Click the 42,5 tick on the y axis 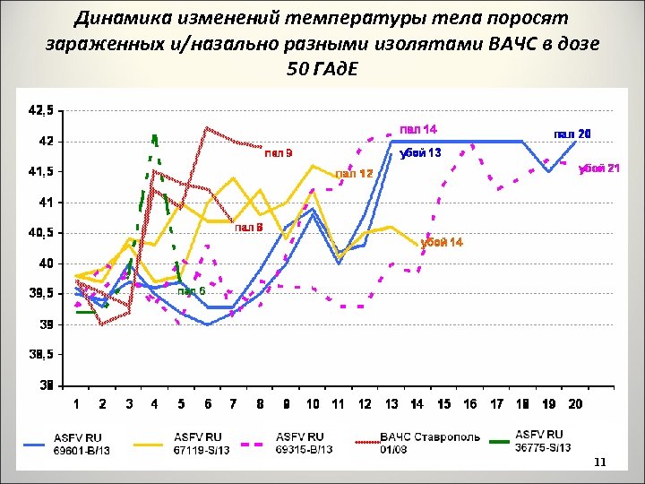click(x=41, y=111)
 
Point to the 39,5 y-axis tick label click(x=41, y=293)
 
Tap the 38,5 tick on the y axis click(x=41, y=354)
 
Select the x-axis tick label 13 click(x=391, y=405)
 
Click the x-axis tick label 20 click(x=575, y=405)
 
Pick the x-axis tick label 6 click(x=207, y=405)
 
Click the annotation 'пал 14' click(x=418, y=129)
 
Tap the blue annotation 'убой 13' click(x=420, y=153)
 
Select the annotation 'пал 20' click(x=572, y=134)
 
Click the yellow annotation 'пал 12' click(x=354, y=174)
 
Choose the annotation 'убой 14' click(x=442, y=244)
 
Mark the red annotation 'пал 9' click(x=277, y=153)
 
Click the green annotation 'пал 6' click(x=191, y=290)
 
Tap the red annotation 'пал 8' click(x=248, y=228)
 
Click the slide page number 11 click(x=599, y=462)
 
